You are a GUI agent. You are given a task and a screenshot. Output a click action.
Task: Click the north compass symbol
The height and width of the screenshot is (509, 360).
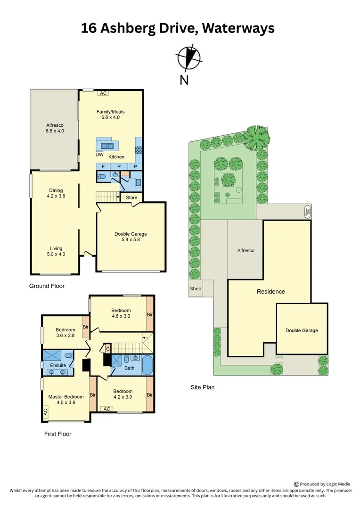coord(189,58)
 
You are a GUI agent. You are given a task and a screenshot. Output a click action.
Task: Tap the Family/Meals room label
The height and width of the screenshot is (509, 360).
coord(111,115)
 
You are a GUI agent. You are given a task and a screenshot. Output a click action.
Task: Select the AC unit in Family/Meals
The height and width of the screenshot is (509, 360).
coord(103,93)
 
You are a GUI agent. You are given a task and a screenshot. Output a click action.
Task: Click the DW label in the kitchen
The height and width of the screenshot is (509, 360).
coord(99,155)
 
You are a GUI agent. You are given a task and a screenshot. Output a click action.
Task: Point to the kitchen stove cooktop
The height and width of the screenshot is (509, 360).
coord(139,150)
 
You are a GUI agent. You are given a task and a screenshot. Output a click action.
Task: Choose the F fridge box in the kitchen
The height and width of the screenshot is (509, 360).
coord(103,167)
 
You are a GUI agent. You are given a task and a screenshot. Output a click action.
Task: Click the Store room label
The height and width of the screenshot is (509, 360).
coord(132,197)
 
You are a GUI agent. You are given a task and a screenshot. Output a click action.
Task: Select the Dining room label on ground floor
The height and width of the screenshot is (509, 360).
coord(56,193)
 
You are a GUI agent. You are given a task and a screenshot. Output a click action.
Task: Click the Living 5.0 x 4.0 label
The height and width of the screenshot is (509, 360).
coord(56,251)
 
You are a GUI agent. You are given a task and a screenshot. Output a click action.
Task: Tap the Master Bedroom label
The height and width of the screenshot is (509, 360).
coord(66,400)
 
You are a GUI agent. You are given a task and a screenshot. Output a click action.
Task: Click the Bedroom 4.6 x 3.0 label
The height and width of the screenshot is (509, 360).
coord(121,313)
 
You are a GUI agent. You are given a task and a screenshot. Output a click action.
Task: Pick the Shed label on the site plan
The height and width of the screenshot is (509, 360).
coord(196,288)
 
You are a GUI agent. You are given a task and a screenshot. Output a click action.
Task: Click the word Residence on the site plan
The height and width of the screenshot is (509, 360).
coord(270,292)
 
